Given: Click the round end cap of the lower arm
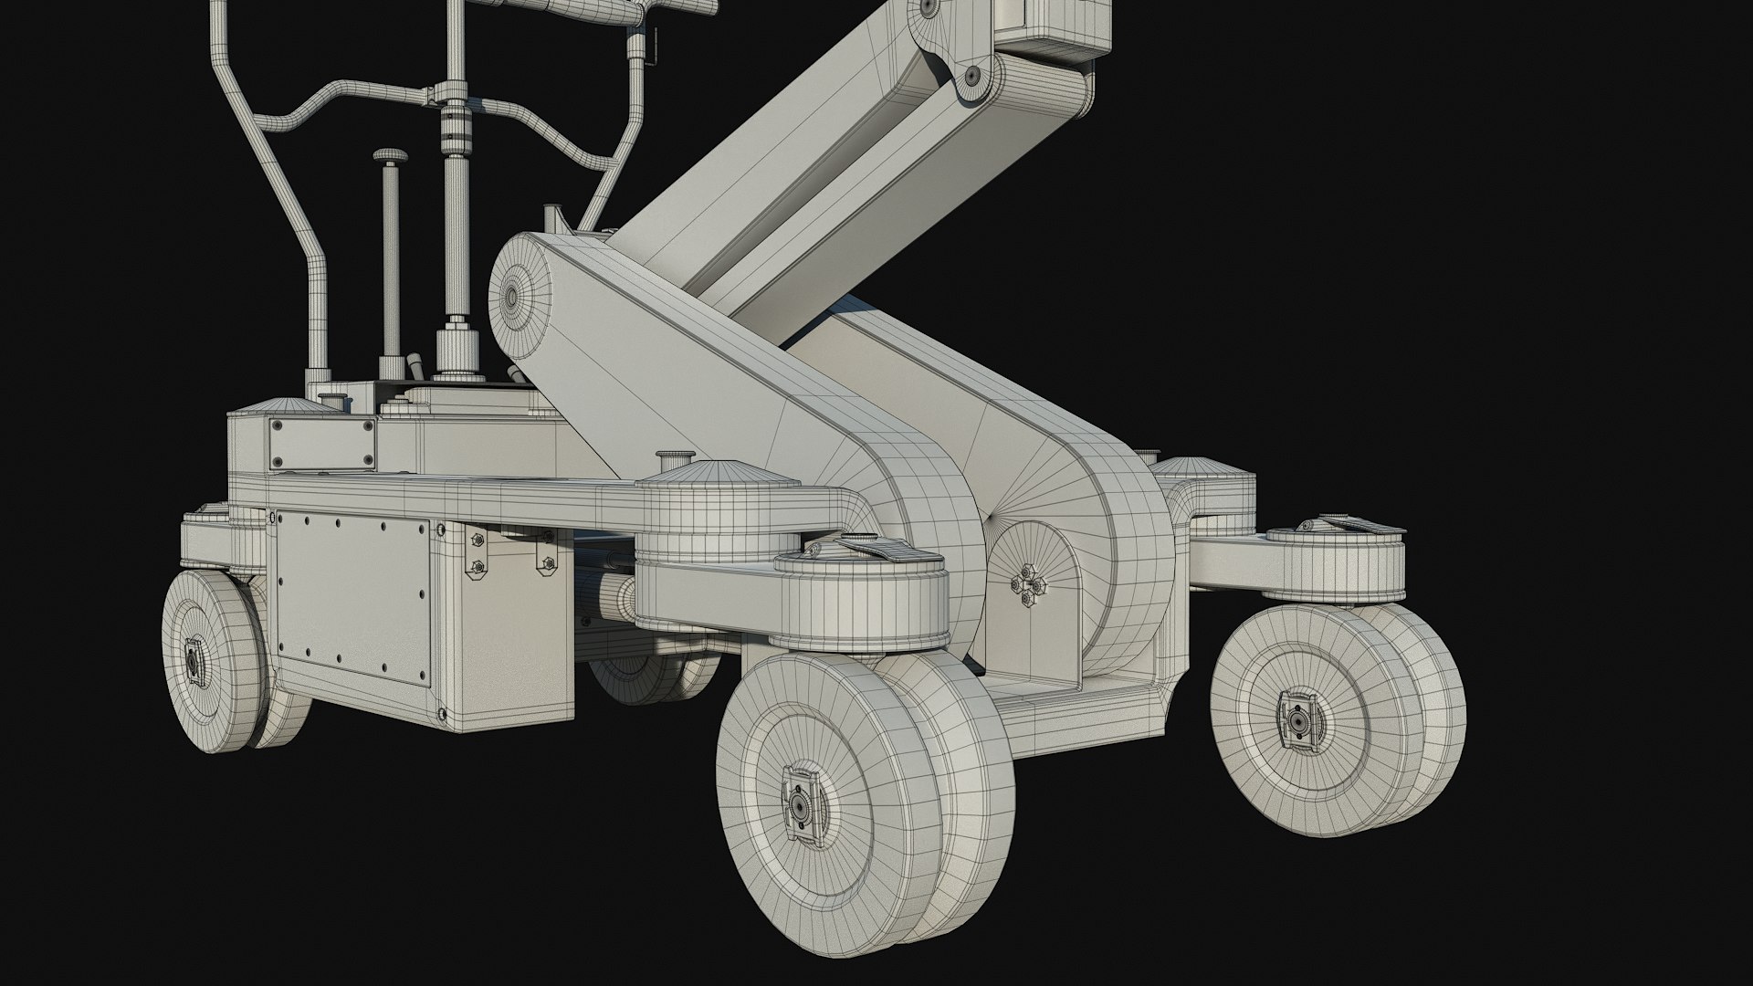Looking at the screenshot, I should point(510,294).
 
